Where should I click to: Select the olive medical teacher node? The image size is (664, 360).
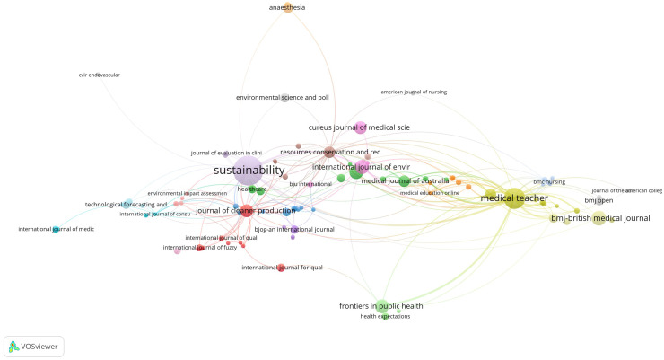click(x=513, y=199)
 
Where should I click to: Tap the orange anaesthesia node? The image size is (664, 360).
click(x=287, y=8)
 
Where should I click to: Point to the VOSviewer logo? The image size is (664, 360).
click(x=34, y=345)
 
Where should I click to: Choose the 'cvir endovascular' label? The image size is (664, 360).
click(x=100, y=75)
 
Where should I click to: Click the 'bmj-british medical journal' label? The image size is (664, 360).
click(x=600, y=218)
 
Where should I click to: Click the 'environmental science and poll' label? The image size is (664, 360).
click(x=282, y=97)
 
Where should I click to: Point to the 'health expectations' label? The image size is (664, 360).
click(x=385, y=317)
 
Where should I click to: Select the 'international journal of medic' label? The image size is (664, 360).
click(x=57, y=229)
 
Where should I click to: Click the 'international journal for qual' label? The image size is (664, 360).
click(x=282, y=268)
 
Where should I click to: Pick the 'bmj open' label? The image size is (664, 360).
click(x=598, y=200)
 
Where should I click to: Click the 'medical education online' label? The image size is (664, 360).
click(x=429, y=193)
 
